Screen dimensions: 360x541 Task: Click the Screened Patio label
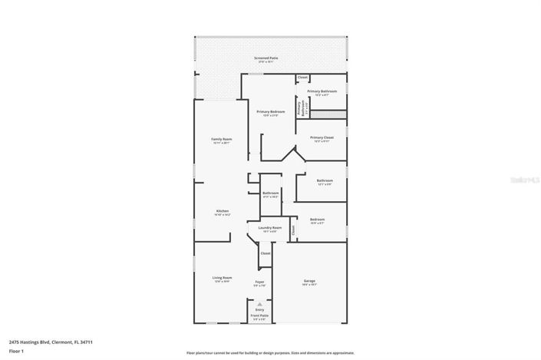(266, 58)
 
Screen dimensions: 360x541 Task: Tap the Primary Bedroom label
(270, 112)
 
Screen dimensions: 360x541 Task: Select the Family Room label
(222, 139)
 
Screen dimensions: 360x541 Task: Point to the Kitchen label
(222, 211)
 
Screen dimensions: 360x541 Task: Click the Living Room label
(222, 278)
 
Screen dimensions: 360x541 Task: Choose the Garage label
(309, 281)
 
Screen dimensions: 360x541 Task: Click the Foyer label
(259, 282)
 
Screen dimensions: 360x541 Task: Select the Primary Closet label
(322, 138)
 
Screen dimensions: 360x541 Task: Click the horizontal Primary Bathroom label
(322, 91)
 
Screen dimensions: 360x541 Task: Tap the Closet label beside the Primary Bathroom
(302, 78)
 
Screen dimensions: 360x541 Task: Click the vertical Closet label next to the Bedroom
(293, 229)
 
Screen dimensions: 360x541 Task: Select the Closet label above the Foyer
(265, 253)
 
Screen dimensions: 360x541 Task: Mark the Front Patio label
(259, 315)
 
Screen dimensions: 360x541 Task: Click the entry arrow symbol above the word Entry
(259, 304)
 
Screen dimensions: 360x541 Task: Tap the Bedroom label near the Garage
(317, 220)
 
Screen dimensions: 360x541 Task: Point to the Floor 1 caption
(16, 351)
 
